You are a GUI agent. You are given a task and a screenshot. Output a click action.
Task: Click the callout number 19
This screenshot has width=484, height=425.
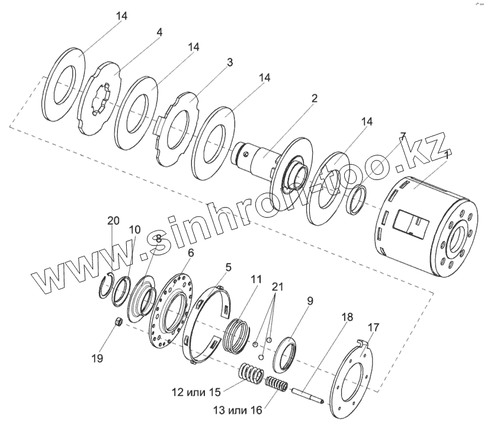(x=97, y=358)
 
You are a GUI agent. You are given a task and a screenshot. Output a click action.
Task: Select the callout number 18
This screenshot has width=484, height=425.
(x=347, y=317)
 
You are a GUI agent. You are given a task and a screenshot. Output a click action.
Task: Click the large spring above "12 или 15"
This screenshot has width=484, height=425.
(x=251, y=375)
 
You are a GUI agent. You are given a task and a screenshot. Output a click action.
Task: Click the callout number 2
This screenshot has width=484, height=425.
(x=314, y=98)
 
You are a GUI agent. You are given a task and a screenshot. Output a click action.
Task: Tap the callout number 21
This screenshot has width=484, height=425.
(x=277, y=287)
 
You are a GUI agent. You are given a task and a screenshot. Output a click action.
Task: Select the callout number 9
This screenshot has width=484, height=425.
(x=309, y=301)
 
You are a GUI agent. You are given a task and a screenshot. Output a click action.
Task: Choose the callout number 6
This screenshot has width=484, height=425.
(x=190, y=253)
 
